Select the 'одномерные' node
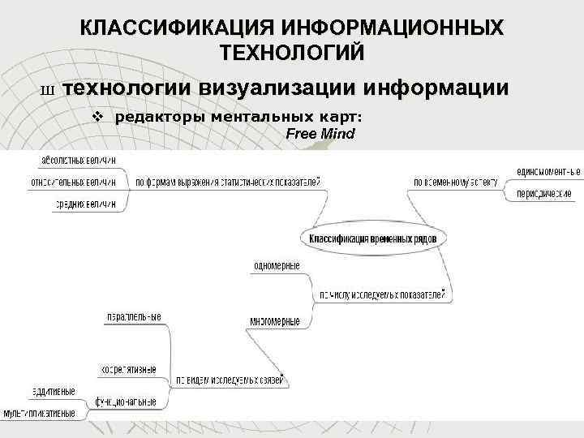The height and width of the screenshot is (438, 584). coord(277,266)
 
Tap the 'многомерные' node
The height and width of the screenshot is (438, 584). coord(275,321)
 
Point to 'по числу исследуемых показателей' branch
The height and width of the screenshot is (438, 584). coord(380,293)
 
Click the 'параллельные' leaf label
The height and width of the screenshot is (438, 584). coord(134,316)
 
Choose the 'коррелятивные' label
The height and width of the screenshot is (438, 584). coord(128,370)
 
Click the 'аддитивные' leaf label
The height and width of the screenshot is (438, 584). coord(55,392)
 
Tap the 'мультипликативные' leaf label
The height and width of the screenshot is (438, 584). coord(39,413)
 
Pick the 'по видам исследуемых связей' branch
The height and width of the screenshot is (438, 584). coord(229,380)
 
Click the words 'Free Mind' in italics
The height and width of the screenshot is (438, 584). coord(320,133)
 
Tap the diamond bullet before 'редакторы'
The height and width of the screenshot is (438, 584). coord(97,116)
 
